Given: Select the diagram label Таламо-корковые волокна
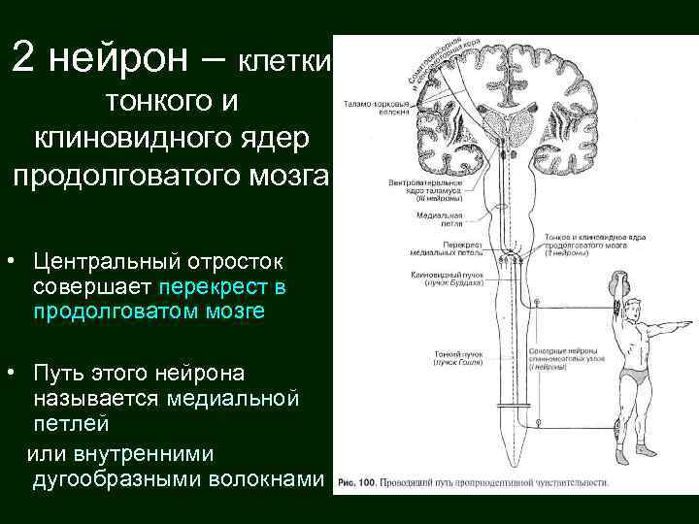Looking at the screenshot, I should point(367,105).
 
